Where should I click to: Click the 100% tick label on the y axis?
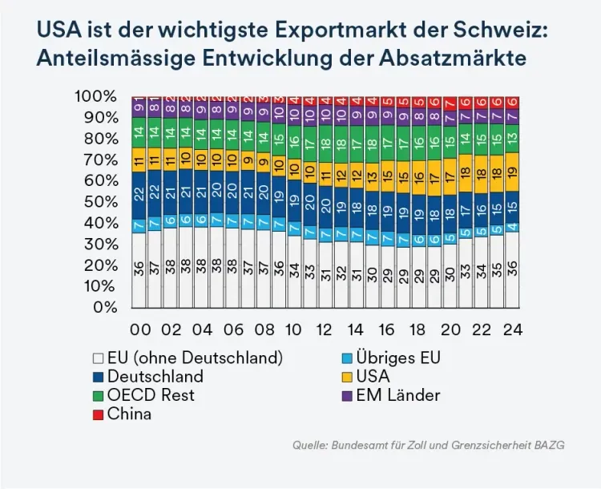click(x=95, y=97)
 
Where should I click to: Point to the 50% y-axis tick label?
click(x=100, y=202)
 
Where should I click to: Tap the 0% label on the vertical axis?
click(x=105, y=307)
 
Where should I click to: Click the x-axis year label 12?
click(x=325, y=330)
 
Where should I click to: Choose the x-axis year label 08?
click(x=263, y=330)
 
